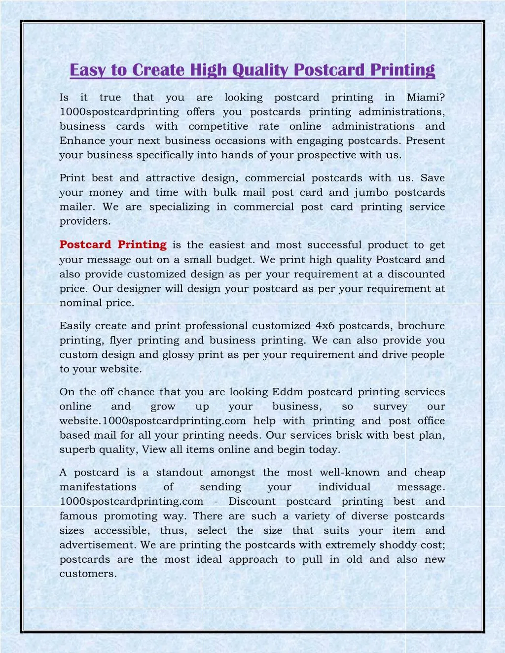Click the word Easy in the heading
[86, 70]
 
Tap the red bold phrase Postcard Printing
[113, 244]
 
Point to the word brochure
[421, 326]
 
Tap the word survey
[390, 407]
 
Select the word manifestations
[98, 487]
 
